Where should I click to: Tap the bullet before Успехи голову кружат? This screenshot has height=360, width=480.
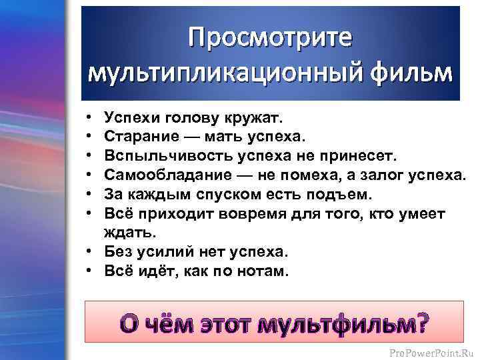point(90,118)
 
